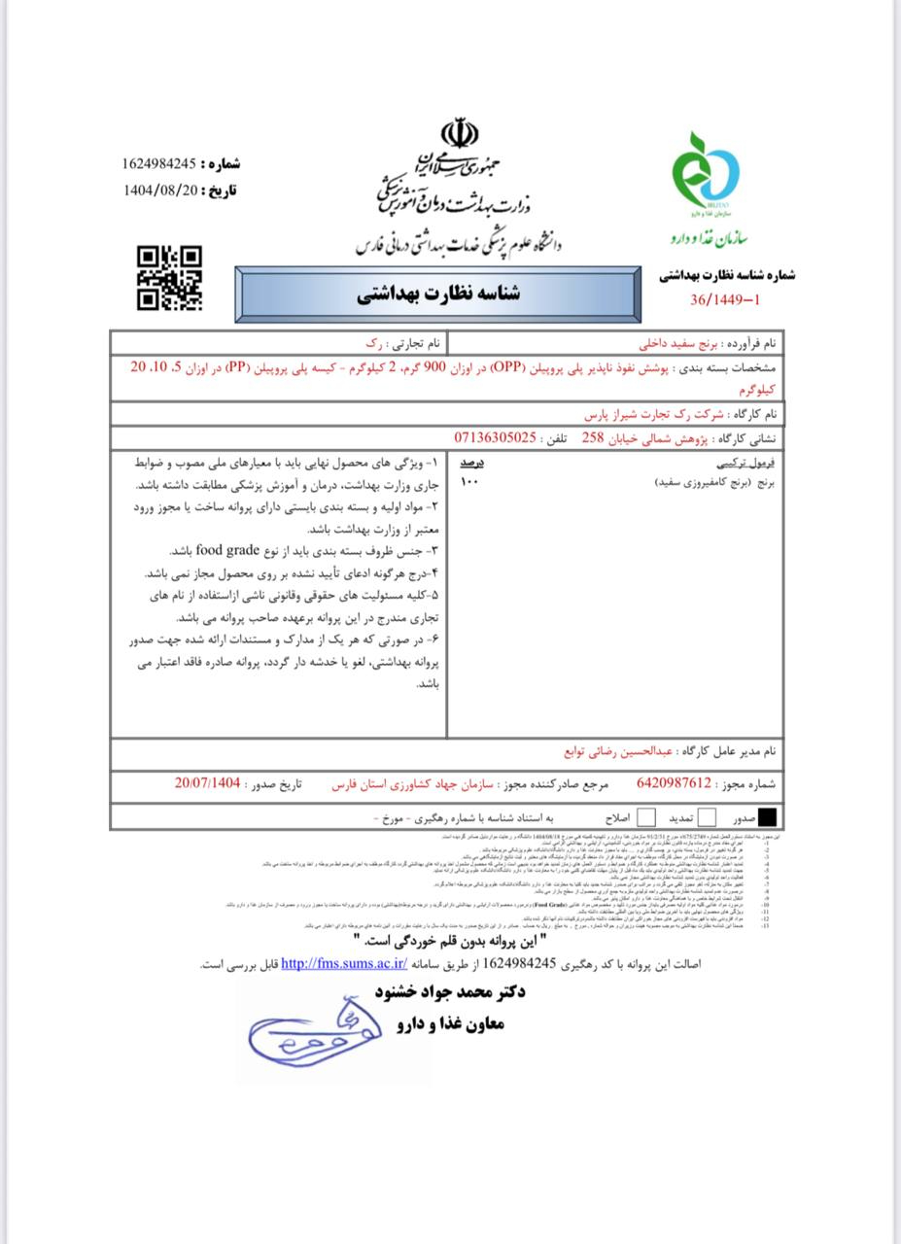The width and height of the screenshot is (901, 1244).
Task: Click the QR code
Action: [169, 278]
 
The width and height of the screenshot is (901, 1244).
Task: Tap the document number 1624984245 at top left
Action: [160, 164]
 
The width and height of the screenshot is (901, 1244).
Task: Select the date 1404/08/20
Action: [160, 190]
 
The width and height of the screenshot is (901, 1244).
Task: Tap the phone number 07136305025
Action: [495, 437]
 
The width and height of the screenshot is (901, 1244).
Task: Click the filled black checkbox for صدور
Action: [768, 816]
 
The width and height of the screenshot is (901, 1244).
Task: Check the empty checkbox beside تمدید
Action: [708, 816]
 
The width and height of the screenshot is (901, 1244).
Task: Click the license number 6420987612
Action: [675, 782]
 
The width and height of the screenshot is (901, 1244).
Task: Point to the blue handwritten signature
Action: [311, 1031]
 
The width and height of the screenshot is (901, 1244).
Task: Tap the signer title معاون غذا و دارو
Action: [450, 1023]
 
